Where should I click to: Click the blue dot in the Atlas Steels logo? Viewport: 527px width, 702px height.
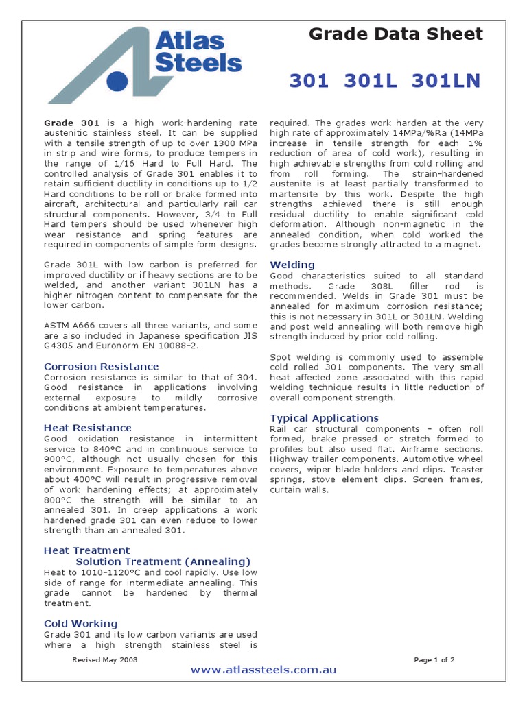pyautogui.click(x=118, y=81)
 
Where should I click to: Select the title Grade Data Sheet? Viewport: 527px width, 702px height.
pyautogui.click(x=396, y=34)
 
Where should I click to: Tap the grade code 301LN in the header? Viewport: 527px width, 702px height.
pyautogui.click(x=446, y=81)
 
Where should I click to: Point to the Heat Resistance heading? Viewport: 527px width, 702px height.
pyautogui.click(x=88, y=428)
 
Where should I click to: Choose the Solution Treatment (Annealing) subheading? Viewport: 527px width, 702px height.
pyautogui.click(x=163, y=561)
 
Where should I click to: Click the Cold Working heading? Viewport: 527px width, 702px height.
pyautogui.click(x=81, y=623)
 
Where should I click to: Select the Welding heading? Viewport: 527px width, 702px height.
pyautogui.click(x=293, y=265)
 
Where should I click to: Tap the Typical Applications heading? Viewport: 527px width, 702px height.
pyautogui.click(x=325, y=418)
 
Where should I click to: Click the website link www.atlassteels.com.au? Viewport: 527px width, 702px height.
pyautogui.click(x=263, y=670)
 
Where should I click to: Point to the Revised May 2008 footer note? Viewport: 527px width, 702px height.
pyautogui.click(x=105, y=659)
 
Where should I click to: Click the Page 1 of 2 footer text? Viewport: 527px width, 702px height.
pyautogui.click(x=434, y=659)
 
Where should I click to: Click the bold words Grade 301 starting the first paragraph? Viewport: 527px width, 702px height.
pyautogui.click(x=67, y=123)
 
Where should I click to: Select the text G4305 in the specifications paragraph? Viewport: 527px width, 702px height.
pyautogui.click(x=60, y=346)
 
